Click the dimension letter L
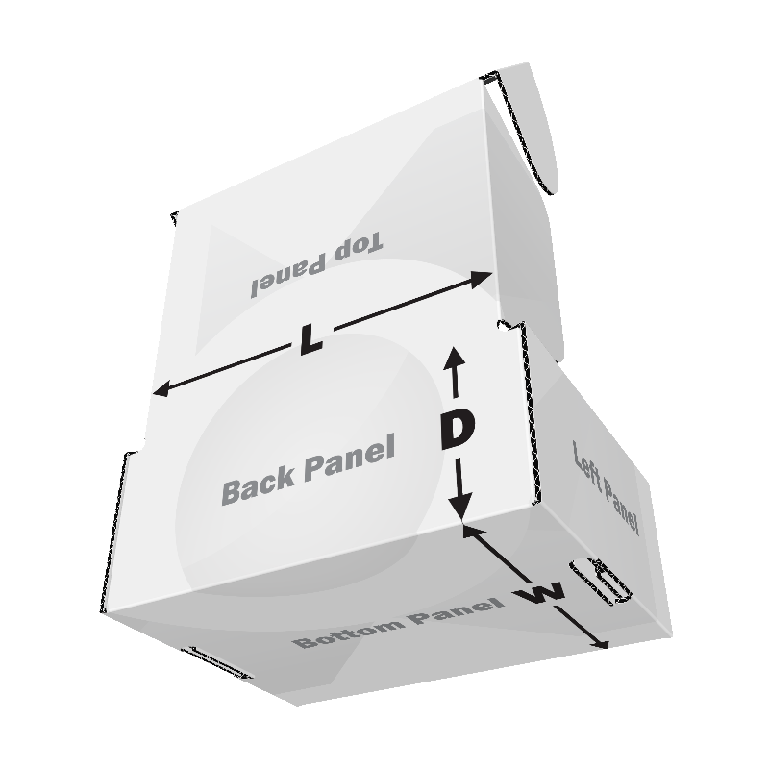310,338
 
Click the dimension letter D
458,430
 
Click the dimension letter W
539,593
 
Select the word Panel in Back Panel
350,459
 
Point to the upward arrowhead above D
455,356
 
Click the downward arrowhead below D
461,509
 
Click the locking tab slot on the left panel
600,581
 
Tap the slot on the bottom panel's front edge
217,663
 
